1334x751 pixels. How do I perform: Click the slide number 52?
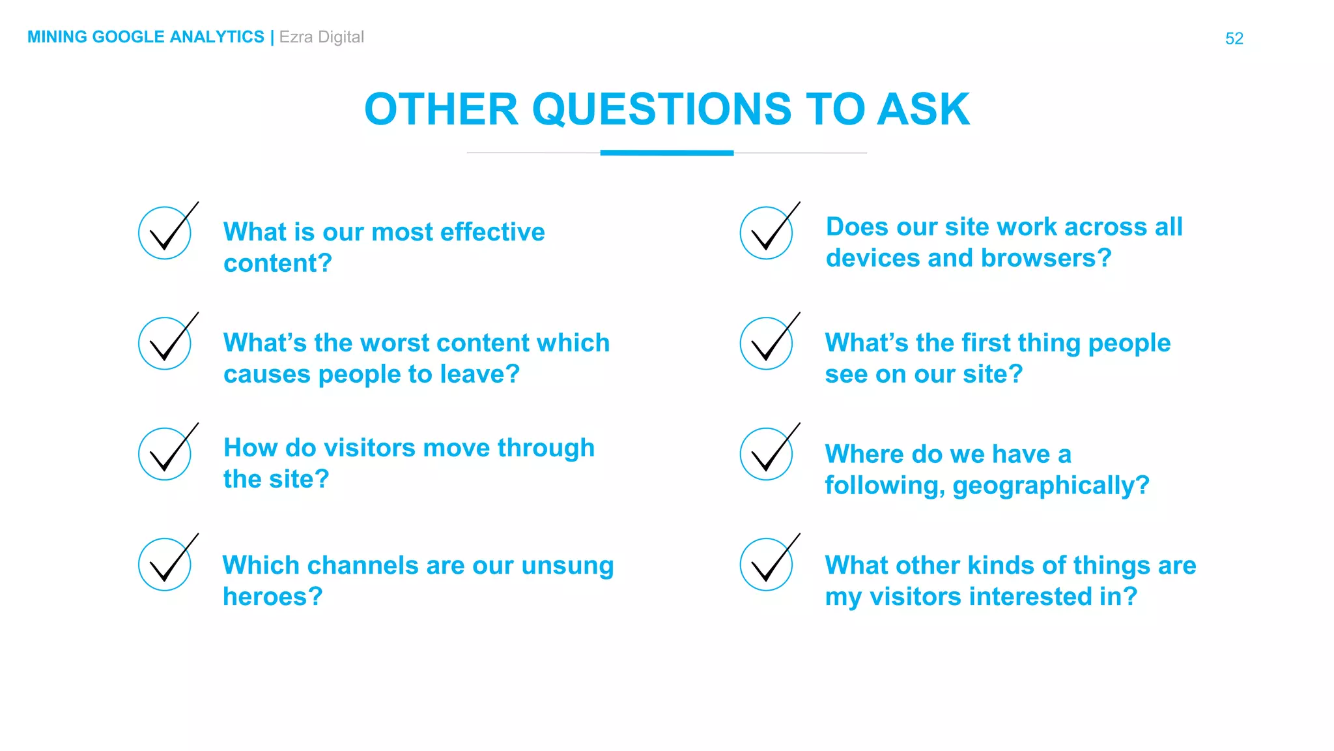point(1234,38)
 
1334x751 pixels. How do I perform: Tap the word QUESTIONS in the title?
point(662,109)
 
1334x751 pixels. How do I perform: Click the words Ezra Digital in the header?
point(321,37)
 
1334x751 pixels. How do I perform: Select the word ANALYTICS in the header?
point(217,37)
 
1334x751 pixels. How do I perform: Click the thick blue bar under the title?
point(666,153)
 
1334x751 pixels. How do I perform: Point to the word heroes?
point(272,596)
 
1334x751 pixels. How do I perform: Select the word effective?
point(492,232)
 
